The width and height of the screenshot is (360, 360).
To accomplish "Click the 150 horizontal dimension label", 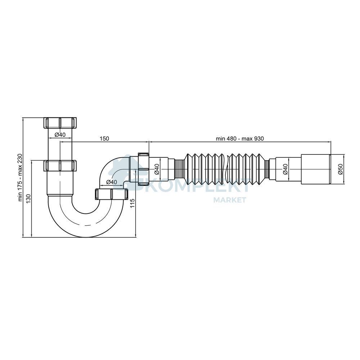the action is coord(104,139).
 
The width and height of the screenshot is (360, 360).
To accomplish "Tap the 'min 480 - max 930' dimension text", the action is coord(240,139).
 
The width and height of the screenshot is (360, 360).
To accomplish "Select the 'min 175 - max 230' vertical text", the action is coord(20,178).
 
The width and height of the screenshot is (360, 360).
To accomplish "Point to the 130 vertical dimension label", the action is coord(28,199).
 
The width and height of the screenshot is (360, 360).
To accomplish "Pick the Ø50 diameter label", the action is coord(340,169).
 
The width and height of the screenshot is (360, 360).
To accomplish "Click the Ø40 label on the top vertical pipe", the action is coord(60,135).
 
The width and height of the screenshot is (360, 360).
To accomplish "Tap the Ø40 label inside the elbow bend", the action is coord(112,182).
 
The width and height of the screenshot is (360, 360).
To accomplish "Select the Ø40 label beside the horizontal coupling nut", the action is coord(157,169).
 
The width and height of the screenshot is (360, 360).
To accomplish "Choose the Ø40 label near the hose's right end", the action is coord(285,169).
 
